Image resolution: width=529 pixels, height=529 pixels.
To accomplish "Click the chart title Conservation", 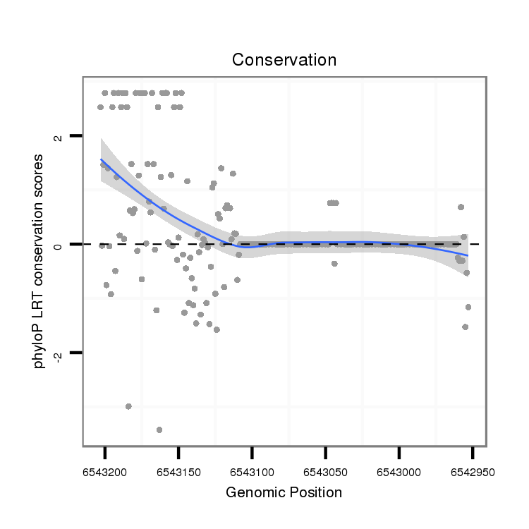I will point(284,59).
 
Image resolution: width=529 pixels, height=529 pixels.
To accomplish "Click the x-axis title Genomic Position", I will point(284,492).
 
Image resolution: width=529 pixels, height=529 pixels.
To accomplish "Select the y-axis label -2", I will point(59,355).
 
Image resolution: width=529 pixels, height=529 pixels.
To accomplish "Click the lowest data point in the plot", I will point(159,430).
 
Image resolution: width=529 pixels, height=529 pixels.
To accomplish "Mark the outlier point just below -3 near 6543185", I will point(128,406).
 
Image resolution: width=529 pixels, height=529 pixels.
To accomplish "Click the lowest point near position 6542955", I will point(465,327).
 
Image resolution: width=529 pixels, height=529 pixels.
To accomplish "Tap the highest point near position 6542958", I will point(461,207).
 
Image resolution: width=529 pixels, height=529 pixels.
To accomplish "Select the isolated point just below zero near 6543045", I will point(334,263).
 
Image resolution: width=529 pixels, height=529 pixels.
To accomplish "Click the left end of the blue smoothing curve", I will point(102,160).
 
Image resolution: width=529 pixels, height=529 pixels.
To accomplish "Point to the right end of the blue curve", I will point(467,255).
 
